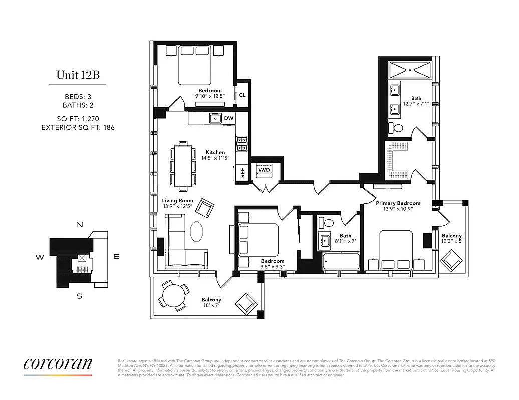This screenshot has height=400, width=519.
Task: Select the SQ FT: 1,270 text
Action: (78, 119)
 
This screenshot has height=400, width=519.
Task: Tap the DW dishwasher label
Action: (229, 118)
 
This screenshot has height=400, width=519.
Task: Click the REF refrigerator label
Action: (243, 173)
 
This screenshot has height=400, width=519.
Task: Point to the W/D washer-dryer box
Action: (264, 169)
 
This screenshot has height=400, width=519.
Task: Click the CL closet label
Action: (242, 95)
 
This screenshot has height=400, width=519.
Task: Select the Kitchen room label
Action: (215, 152)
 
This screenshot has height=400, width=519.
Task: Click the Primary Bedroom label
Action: (398, 203)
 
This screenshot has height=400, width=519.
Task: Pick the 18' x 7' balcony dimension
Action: (211, 306)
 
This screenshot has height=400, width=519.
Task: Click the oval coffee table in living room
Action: (196, 231)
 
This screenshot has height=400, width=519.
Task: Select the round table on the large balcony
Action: (172, 296)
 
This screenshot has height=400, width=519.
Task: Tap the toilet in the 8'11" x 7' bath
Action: (329, 223)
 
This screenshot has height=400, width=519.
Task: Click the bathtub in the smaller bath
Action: (341, 261)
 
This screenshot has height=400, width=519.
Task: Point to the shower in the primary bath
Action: (410, 68)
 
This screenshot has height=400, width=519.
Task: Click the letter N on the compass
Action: (79, 225)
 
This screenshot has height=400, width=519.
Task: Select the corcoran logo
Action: (58, 364)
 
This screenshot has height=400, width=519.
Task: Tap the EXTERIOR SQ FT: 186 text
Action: (78, 128)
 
